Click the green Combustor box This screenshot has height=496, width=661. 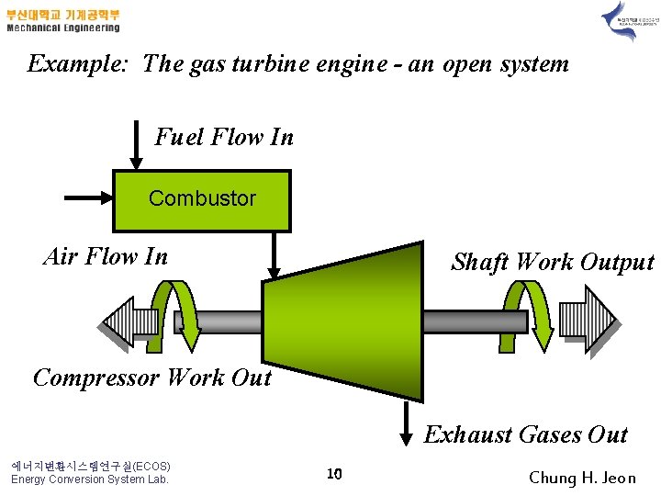201,199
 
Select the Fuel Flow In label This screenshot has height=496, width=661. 224,138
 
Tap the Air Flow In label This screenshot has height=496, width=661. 106,256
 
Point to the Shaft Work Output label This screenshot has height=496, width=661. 552,262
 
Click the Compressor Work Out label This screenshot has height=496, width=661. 152,378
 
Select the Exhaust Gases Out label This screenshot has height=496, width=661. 525,434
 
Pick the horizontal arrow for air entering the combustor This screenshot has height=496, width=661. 87,196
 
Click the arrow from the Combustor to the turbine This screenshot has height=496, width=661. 273,254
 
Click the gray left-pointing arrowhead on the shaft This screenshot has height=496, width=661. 123,321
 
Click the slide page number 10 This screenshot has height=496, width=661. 334,474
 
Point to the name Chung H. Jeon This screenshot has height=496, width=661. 582,478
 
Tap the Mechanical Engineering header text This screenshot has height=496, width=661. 63,28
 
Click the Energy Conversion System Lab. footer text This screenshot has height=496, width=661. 89,479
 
